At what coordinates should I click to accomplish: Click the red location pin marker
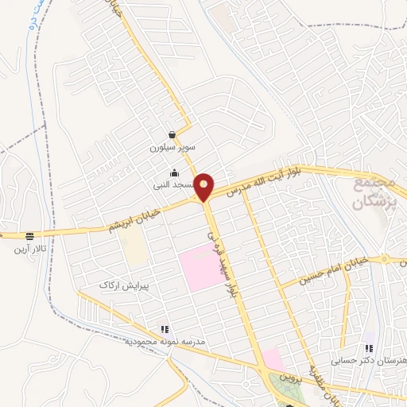(205, 187)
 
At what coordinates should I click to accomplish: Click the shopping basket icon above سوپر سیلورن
(172, 135)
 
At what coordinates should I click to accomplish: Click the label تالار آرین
(29, 249)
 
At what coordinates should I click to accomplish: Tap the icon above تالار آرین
(30, 236)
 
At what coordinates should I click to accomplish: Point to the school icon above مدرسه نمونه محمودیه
(165, 328)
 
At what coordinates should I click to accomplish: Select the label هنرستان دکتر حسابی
(369, 361)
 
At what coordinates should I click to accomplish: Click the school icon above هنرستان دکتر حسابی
(368, 347)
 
